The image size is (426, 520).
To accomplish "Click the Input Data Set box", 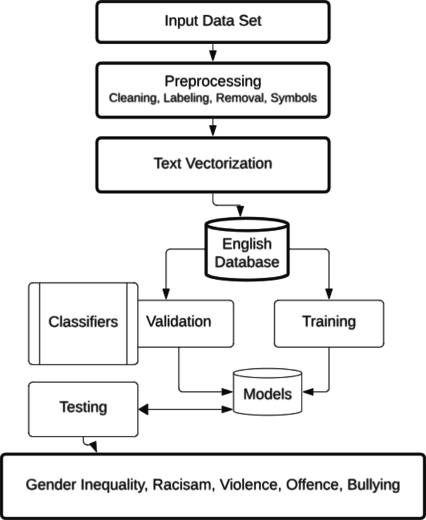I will coord(213,21).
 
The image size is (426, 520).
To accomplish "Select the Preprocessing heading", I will coord(213,81).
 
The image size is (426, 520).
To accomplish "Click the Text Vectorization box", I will coord(213,164).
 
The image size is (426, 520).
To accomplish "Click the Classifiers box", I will coord(83,322).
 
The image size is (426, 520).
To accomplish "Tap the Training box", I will coord(328,322).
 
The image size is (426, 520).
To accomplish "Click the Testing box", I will coord(83,407).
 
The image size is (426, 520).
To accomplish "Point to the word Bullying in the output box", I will coord(371,485).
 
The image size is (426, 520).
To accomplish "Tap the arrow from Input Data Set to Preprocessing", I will coord(213,50).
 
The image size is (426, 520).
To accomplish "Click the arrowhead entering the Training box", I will coord(329,294).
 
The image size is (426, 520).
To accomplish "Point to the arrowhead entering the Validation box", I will coord(164,294).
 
